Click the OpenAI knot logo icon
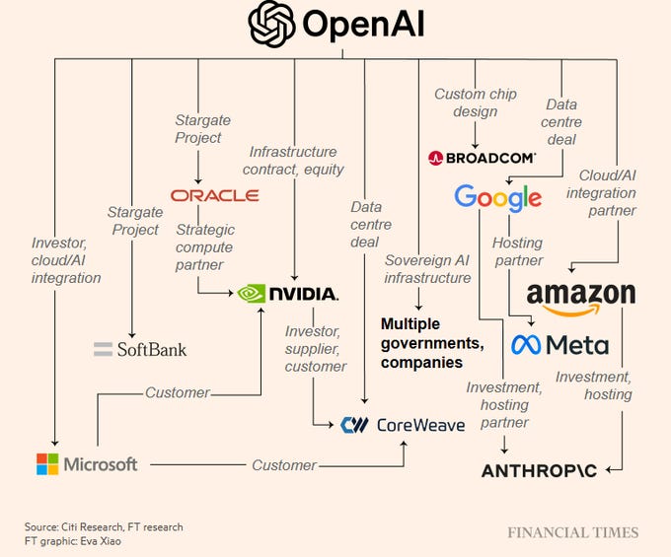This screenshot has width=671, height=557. (272, 24)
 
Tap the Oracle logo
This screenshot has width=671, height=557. (214, 195)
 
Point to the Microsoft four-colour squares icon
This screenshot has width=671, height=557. (47, 463)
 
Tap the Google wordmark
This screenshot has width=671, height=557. (497, 197)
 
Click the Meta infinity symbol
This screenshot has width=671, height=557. (524, 345)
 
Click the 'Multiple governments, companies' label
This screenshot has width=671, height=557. (432, 343)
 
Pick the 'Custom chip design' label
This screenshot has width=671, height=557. (476, 103)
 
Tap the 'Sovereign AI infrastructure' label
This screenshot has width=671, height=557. (427, 268)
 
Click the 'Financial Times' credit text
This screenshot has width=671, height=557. (572, 533)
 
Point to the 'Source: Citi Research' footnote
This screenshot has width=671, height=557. (104, 527)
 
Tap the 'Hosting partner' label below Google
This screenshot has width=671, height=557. (518, 251)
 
